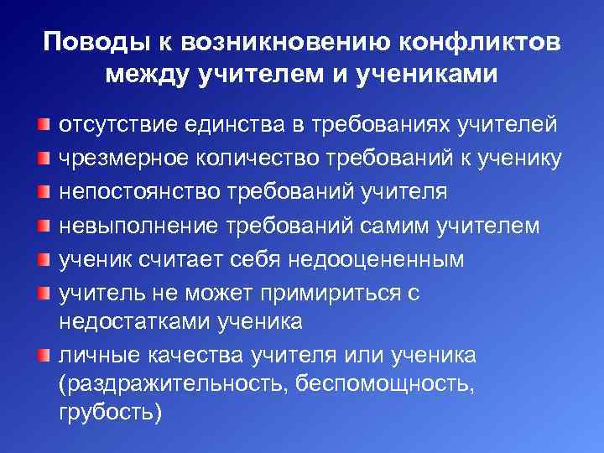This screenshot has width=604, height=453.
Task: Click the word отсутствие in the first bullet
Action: coord(113,125)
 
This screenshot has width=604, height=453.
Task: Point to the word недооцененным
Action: coord(377,259)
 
